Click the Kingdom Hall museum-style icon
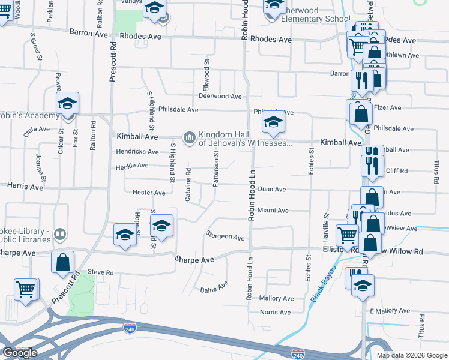(190, 139)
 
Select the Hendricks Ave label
(137, 152)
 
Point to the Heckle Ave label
(132, 166)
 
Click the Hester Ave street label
(149, 193)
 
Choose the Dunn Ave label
(272, 189)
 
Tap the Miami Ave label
(273, 211)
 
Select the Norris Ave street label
(276, 312)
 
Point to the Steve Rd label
(101, 272)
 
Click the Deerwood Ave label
(220, 96)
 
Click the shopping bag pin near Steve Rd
(62, 263)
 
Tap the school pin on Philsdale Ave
(273, 123)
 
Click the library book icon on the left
(60, 233)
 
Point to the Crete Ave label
(37, 129)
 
